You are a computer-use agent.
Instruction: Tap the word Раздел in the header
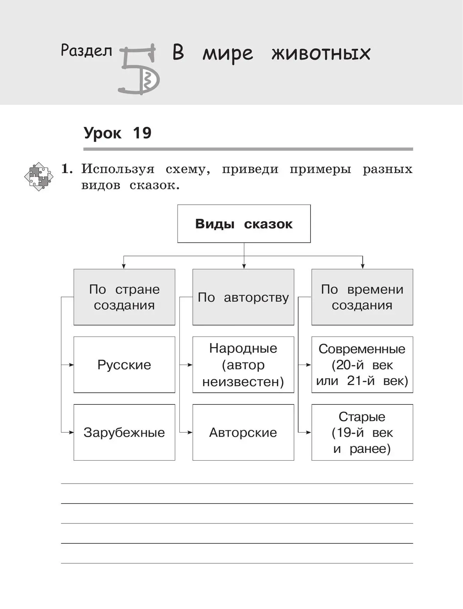(86, 50)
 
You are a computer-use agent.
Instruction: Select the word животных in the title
(321, 53)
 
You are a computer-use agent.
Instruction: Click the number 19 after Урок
(142, 133)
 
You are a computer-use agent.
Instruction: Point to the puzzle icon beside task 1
(39, 177)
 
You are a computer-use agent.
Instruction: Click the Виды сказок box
(244, 224)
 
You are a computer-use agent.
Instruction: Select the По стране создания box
(124, 297)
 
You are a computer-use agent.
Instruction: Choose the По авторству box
(243, 297)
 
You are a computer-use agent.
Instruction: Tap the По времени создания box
(362, 297)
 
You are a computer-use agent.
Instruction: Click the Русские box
(124, 365)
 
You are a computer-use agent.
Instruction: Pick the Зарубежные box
(124, 432)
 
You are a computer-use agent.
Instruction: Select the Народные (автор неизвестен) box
(243, 365)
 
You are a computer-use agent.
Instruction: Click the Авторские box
(243, 432)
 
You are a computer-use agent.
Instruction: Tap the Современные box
(362, 365)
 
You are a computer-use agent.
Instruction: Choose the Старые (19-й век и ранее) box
(362, 432)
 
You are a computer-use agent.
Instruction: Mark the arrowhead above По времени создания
(362, 266)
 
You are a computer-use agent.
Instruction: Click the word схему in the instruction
(188, 169)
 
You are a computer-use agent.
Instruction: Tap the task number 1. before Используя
(67, 169)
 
